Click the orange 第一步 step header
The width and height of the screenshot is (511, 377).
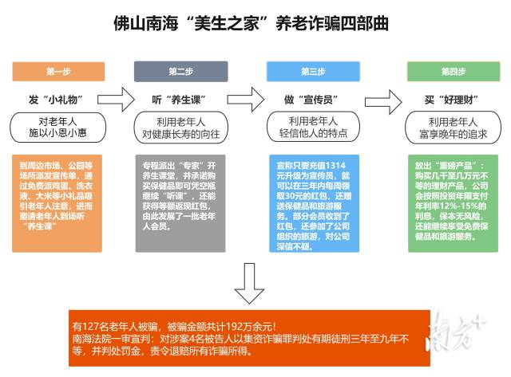(58, 72)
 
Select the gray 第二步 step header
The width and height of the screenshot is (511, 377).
(181, 72)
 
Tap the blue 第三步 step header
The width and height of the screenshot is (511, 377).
(313, 72)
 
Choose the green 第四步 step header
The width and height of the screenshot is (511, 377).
(454, 72)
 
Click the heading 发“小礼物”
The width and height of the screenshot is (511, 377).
(55, 100)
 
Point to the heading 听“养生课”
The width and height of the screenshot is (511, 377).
(179, 100)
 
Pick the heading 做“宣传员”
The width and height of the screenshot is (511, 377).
(311, 100)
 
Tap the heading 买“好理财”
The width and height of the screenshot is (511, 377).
(451, 100)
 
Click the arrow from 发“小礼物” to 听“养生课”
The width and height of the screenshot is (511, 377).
(116, 100)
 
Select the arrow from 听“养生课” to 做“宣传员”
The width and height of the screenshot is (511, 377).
(245, 100)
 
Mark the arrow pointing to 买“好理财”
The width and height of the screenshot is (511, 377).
(383, 102)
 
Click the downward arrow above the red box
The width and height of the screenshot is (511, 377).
(249, 283)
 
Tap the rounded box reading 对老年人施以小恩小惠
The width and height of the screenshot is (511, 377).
(58, 128)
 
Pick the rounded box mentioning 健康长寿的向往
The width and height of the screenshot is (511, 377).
(181, 128)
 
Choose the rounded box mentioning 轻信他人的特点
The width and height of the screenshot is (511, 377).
(313, 127)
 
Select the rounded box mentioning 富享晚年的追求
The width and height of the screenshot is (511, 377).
(453, 128)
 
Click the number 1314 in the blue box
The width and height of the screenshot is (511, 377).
(335, 166)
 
